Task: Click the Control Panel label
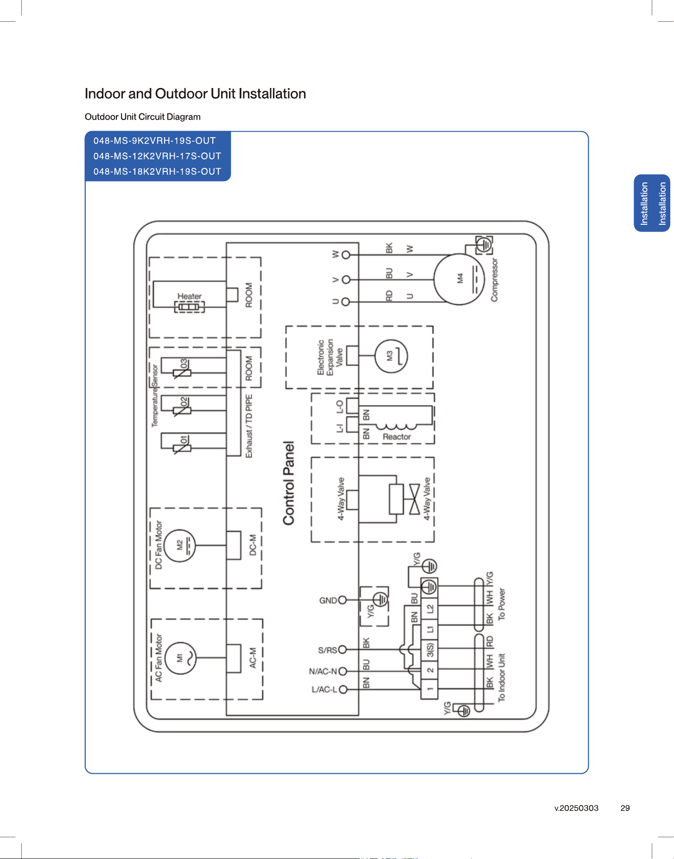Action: [x=289, y=483]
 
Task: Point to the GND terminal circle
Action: [x=343, y=600]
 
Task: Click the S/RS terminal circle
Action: [x=343, y=650]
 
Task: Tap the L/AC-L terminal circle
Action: [x=343, y=689]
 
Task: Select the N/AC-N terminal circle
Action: [x=343, y=671]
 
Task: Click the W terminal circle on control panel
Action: [x=345, y=255]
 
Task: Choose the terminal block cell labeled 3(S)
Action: [x=430, y=650]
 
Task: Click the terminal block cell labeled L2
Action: [x=430, y=608]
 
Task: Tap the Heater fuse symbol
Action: [x=189, y=307]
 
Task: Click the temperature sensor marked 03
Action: [x=182, y=372]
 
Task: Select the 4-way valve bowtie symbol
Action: [x=414, y=499]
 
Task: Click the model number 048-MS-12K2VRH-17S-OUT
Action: [x=157, y=156]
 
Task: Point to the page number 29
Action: [x=625, y=808]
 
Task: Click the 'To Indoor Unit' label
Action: [x=502, y=678]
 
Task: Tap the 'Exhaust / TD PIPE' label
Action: [x=249, y=426]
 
